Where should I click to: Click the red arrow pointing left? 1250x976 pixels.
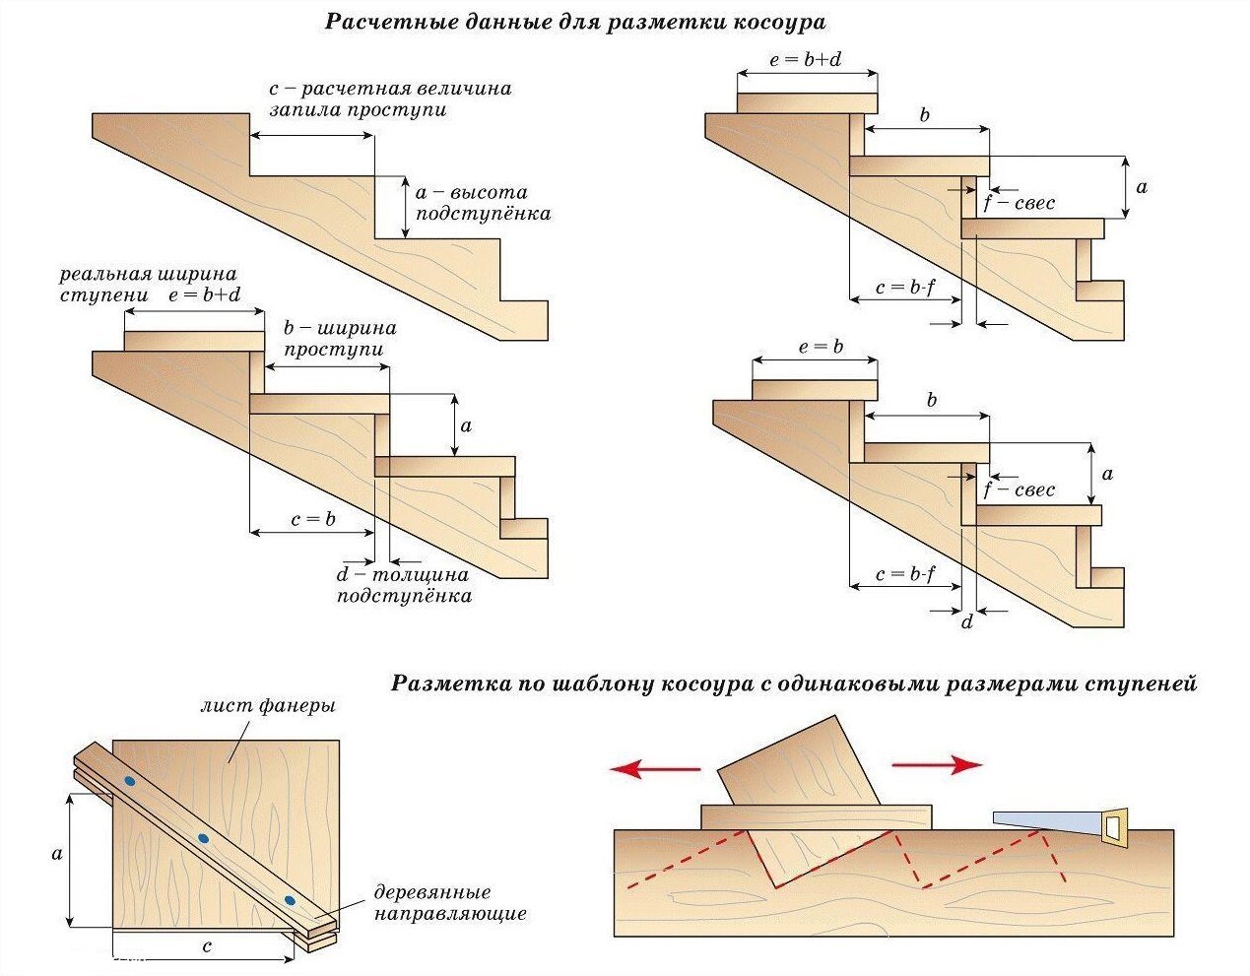click(x=654, y=769)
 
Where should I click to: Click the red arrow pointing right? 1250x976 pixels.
click(x=937, y=764)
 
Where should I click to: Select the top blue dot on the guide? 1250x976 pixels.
click(x=129, y=781)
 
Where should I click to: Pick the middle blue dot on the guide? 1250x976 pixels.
click(x=203, y=838)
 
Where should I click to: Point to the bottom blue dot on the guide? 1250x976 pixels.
click(x=289, y=900)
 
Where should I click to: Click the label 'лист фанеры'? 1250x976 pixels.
click(x=267, y=705)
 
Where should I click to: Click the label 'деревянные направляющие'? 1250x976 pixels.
click(x=449, y=903)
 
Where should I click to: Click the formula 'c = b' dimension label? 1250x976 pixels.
click(x=313, y=519)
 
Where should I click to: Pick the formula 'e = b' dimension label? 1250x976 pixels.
click(x=821, y=348)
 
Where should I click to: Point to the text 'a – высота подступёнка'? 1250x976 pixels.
click(x=483, y=203)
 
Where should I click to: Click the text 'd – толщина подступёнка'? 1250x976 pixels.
click(x=403, y=585)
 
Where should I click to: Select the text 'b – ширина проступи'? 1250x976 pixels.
click(x=340, y=338)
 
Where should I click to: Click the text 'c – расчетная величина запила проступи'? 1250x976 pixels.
click(x=390, y=98)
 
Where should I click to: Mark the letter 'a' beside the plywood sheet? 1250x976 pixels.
click(x=56, y=853)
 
